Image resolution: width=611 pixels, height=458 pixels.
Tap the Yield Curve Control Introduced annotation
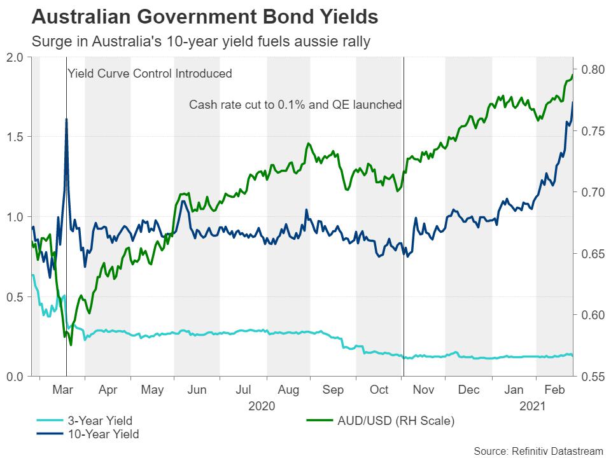(150, 74)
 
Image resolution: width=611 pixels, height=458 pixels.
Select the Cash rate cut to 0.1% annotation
(295, 104)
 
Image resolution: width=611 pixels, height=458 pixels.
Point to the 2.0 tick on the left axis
(15, 57)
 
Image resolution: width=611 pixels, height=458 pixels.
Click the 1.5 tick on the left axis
(15, 137)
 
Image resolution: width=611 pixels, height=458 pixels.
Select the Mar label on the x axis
(62, 389)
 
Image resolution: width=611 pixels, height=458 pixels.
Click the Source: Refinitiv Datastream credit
(533, 450)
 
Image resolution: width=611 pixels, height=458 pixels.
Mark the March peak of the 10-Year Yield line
(66, 120)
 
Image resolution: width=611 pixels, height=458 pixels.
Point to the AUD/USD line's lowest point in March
(71, 344)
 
